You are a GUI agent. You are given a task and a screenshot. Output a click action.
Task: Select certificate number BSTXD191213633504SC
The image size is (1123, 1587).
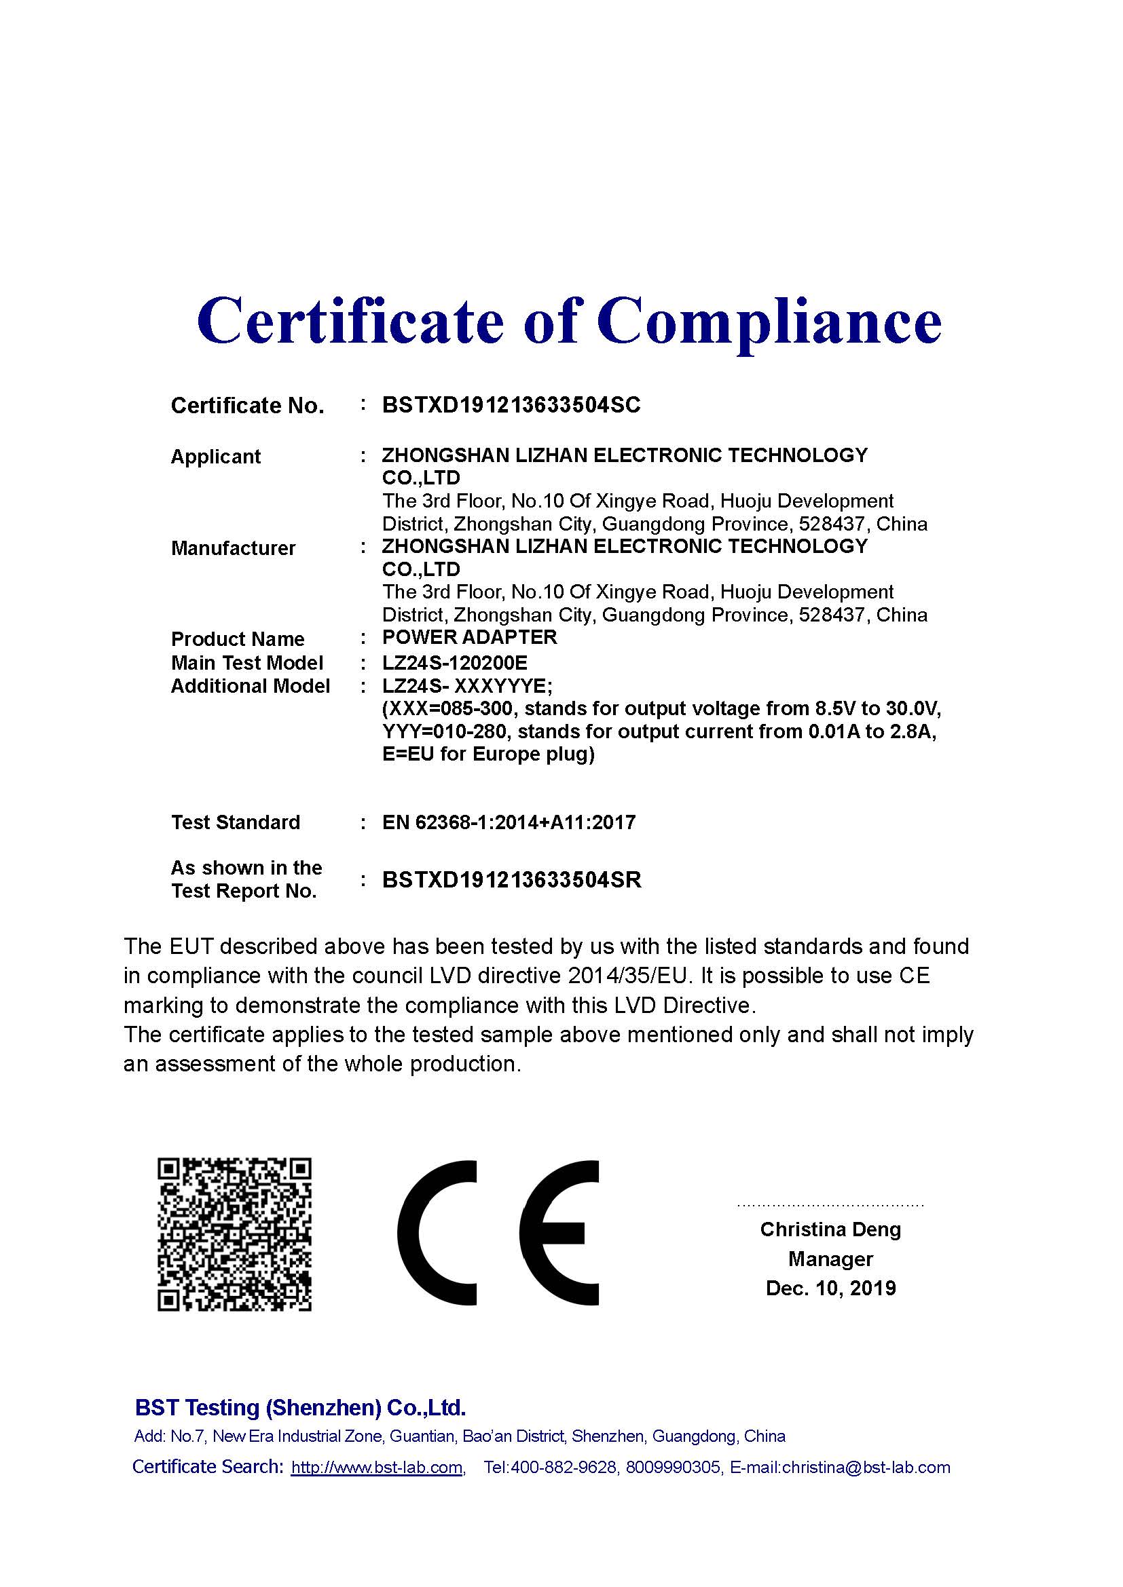pos(511,405)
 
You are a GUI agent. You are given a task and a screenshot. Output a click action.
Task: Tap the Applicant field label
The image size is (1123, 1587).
pos(216,457)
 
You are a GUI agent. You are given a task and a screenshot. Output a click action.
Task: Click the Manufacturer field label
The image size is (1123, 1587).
pos(233,548)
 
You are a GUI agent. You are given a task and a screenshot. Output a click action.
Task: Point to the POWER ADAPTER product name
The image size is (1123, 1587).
pos(470,637)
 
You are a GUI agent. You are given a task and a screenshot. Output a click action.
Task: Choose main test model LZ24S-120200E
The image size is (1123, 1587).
pos(454,664)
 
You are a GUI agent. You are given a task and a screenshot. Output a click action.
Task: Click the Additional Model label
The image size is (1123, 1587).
pos(250,687)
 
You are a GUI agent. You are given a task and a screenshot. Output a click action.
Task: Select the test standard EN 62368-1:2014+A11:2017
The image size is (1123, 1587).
pos(509,822)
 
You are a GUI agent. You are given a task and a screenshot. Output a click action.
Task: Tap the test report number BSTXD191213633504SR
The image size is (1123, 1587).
pos(512,880)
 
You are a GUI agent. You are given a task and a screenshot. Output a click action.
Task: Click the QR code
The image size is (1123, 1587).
pos(234,1234)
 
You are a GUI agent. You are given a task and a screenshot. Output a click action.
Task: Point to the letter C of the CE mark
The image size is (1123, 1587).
pos(437,1234)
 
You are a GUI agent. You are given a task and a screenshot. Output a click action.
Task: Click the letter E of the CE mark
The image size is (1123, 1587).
pos(559,1234)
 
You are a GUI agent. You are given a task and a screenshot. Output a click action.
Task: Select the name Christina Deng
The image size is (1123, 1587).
pos(830,1229)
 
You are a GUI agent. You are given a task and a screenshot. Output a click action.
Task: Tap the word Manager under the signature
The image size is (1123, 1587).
pos(830,1259)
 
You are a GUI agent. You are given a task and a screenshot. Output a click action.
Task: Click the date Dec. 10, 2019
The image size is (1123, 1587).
pos(830,1288)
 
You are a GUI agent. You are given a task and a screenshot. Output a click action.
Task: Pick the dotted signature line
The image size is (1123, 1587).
pos(830,1206)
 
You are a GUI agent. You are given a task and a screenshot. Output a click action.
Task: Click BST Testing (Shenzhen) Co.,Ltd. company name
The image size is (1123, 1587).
pos(300,1407)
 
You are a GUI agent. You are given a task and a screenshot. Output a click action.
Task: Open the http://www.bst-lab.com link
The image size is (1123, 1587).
pos(377,1468)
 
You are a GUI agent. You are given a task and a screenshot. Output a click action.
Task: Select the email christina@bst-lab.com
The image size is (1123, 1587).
pos(866,1468)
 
